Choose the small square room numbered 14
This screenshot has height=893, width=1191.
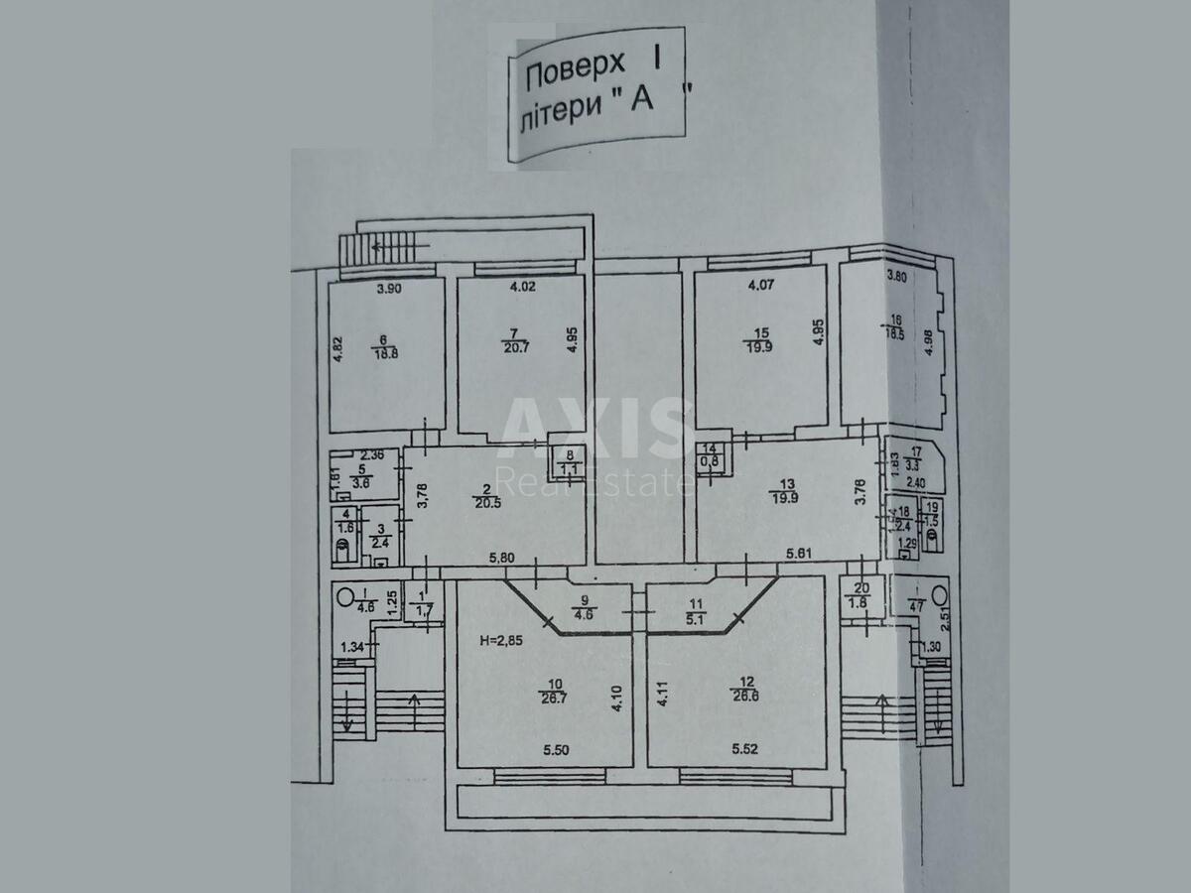711,455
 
